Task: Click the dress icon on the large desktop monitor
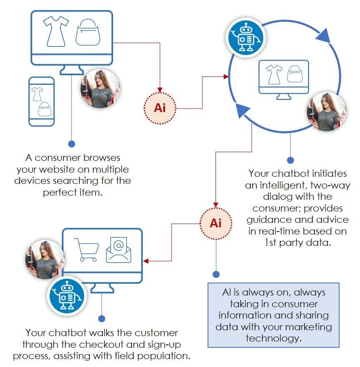coord(56,32)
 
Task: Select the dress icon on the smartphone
coord(37,94)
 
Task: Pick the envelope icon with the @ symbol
coord(118,250)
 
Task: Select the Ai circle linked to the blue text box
coord(215,223)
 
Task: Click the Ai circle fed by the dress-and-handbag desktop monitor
coord(160,107)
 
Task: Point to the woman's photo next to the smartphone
coord(100,89)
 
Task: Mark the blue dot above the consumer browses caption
coord(71,144)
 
